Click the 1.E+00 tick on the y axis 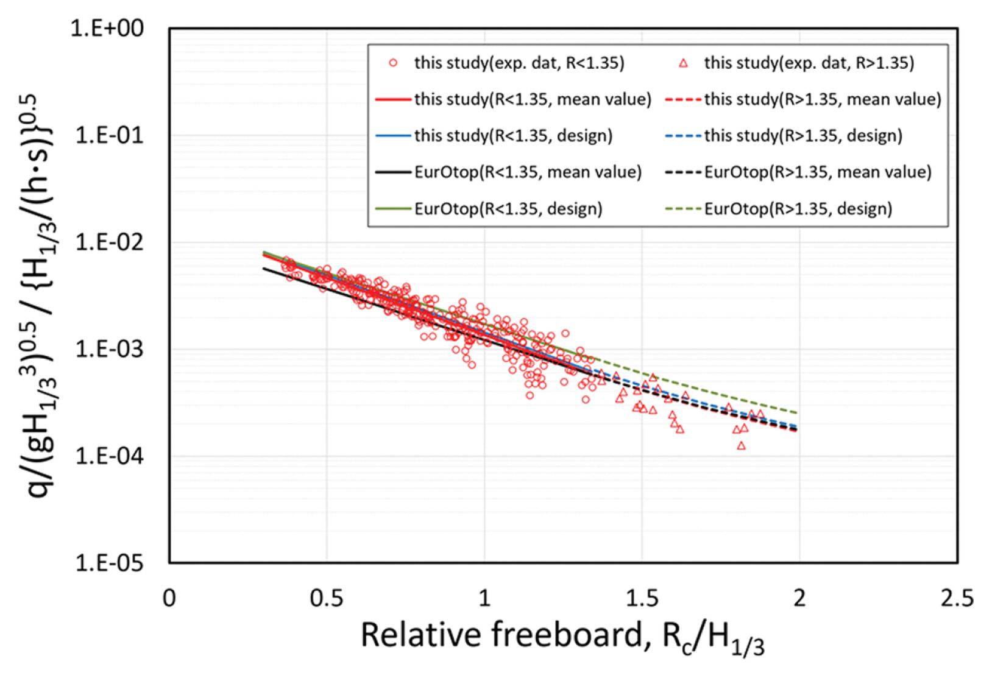[x=107, y=29]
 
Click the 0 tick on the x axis [x=169, y=598]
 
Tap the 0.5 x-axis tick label [x=327, y=598]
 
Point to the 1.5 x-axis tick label [x=642, y=598]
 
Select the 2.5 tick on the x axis [x=957, y=598]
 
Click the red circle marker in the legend [x=394, y=63]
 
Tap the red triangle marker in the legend [x=684, y=63]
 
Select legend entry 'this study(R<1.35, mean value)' [x=533, y=99]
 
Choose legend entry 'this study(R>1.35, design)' [x=803, y=135]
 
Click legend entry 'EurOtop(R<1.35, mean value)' [x=528, y=172]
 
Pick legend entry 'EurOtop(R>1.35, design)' [x=798, y=209]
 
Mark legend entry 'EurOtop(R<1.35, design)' [x=508, y=209]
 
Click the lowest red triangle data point [x=741, y=446]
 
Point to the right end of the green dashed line [x=796, y=413]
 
